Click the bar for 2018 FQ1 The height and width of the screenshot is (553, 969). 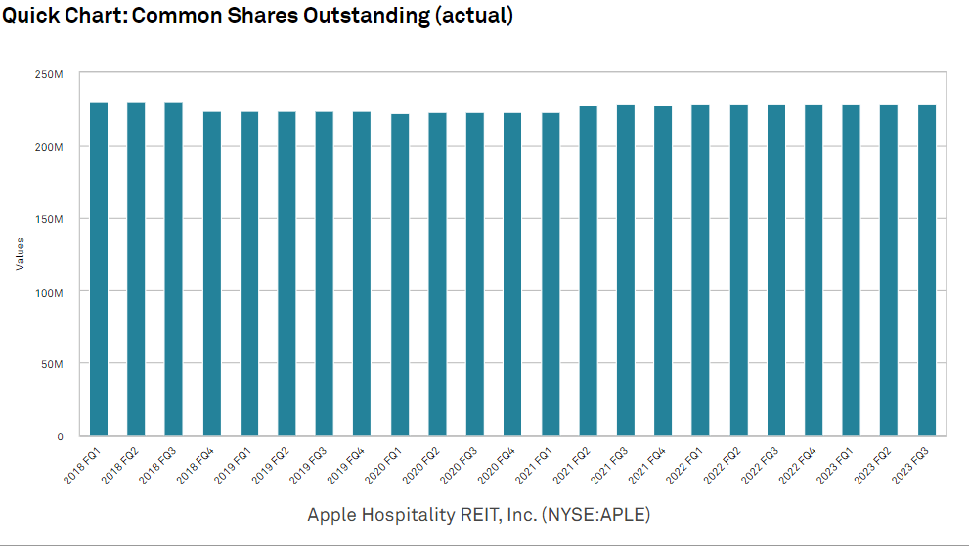click(99, 269)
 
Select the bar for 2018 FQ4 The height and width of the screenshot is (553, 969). click(212, 273)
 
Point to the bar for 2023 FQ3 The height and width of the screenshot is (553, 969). click(927, 270)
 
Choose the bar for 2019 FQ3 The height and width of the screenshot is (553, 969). click(325, 273)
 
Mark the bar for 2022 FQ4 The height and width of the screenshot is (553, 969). click(814, 270)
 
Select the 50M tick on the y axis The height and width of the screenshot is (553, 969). click(51, 364)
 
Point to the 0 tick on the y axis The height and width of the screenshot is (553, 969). click(60, 437)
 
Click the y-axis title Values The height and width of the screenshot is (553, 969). click(20, 253)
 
